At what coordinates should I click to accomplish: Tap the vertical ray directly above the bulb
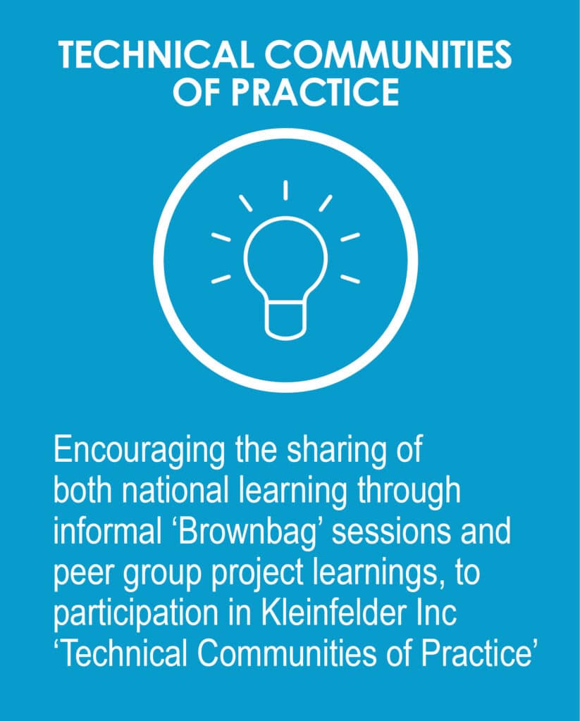pos(285,189)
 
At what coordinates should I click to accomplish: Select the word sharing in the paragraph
pos(320,451)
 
